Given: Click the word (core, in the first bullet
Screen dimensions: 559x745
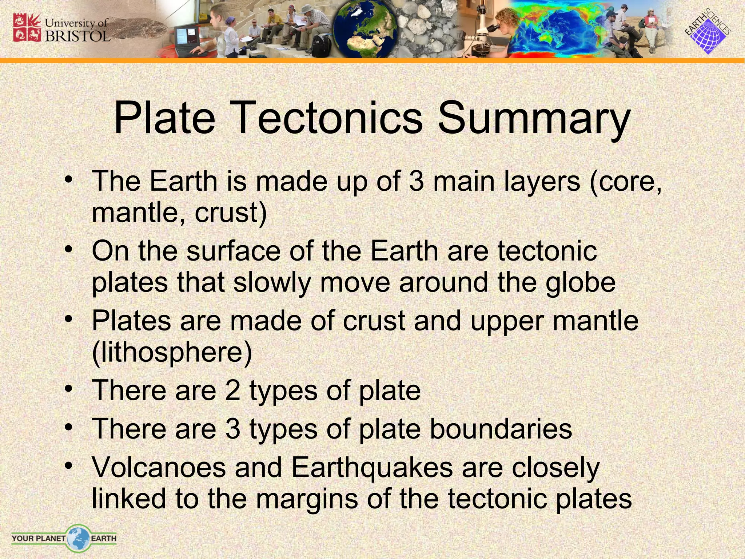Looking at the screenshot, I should [625, 182].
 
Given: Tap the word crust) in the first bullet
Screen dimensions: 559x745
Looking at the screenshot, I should [231, 213].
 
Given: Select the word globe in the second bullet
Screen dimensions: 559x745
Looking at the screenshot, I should [580, 283].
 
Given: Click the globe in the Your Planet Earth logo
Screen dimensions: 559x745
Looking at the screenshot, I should [78, 537].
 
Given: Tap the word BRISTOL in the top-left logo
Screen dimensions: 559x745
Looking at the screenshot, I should [77, 36].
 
